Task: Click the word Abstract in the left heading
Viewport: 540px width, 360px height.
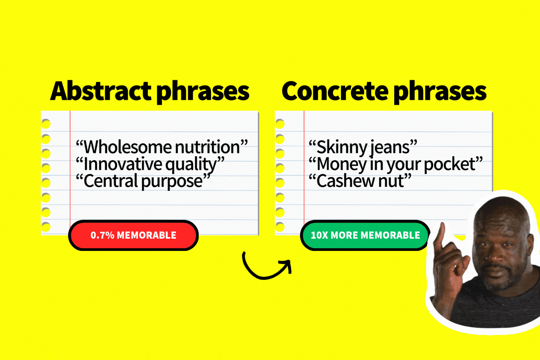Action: (101, 91)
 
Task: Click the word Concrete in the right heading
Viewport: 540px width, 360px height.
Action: (335, 91)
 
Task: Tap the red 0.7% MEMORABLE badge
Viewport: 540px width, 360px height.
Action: (133, 235)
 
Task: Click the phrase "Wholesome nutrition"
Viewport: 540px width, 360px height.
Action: (162, 147)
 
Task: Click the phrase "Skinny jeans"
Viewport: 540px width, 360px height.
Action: (363, 147)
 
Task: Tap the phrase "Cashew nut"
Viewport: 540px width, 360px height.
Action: (360, 181)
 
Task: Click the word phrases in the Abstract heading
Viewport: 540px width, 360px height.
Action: (203, 92)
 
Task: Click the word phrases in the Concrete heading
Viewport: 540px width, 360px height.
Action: (440, 92)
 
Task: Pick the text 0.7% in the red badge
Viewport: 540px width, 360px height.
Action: (102, 235)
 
